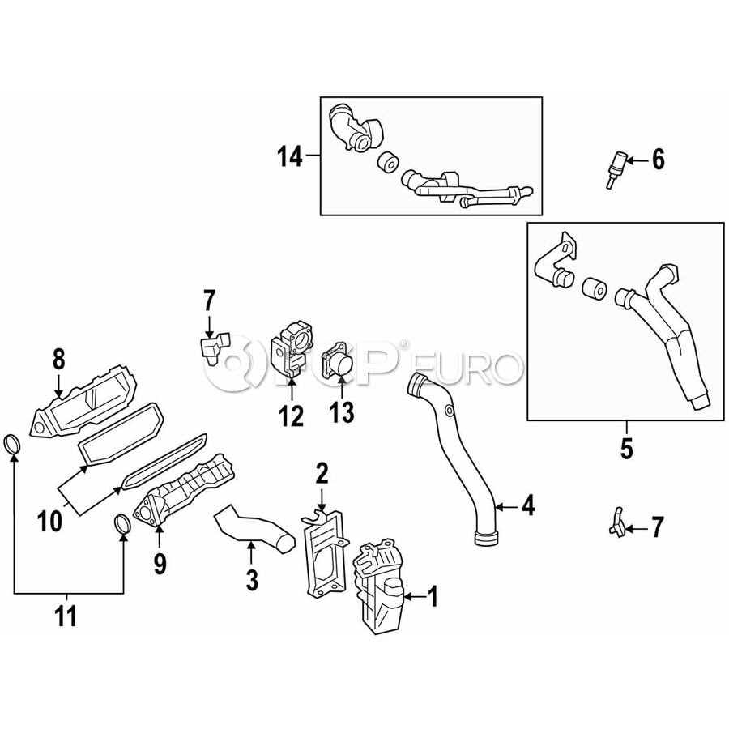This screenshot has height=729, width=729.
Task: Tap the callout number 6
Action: pyautogui.click(x=659, y=160)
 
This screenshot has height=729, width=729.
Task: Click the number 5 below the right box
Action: pyautogui.click(x=626, y=449)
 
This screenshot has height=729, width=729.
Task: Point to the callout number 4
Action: pyautogui.click(x=528, y=505)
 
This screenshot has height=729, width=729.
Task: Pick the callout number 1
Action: pyautogui.click(x=433, y=596)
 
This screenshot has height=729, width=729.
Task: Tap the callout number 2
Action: pyautogui.click(x=322, y=473)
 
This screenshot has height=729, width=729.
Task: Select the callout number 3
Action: pyautogui.click(x=252, y=580)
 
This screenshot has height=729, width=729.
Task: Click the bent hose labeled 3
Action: pyautogui.click(x=254, y=528)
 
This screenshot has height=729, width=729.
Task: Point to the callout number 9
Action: pyautogui.click(x=160, y=564)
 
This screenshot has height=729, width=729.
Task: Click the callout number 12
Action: pyautogui.click(x=292, y=416)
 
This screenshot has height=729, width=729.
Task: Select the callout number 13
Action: pyautogui.click(x=342, y=412)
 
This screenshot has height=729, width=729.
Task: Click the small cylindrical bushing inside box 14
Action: pyautogui.click(x=387, y=162)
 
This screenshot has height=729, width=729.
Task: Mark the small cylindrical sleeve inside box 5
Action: pyautogui.click(x=594, y=288)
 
